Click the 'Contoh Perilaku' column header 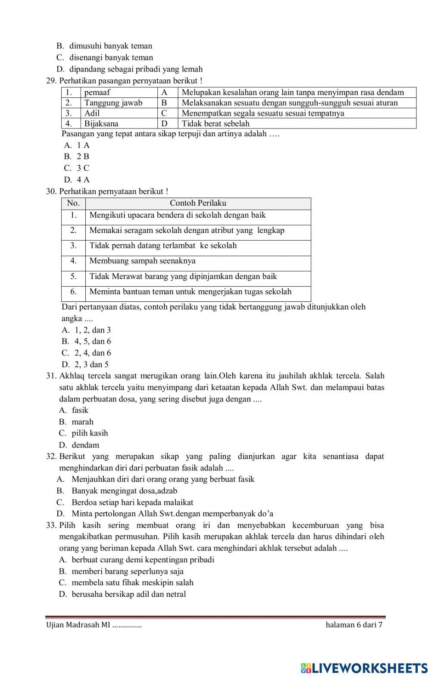coord(198,203)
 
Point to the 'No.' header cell coord(73,203)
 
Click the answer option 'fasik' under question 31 coord(80,410)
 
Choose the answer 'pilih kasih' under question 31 coord(90,433)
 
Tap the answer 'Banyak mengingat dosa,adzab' coord(124,491)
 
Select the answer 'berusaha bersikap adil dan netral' coord(128,594)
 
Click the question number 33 coord(51,525)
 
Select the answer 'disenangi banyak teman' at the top coord(111,57)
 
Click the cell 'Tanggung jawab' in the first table coord(113,103)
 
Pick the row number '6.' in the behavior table coord(73,291)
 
